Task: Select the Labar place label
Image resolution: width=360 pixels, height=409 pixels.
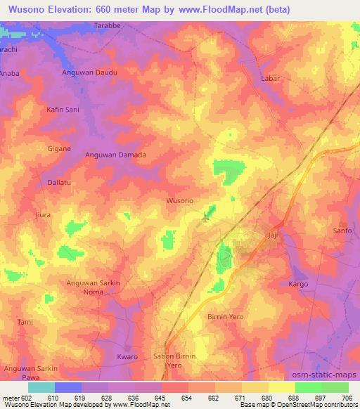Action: coord(271,79)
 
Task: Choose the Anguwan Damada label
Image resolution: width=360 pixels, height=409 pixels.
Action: coord(115,155)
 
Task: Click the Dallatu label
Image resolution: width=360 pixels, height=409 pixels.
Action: coord(51,182)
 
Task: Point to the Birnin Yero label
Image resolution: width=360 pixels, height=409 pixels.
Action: coord(226,317)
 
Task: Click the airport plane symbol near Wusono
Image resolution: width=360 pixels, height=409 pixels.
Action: coord(206,217)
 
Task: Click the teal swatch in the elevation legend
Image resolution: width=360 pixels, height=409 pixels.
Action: coord(41,387)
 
